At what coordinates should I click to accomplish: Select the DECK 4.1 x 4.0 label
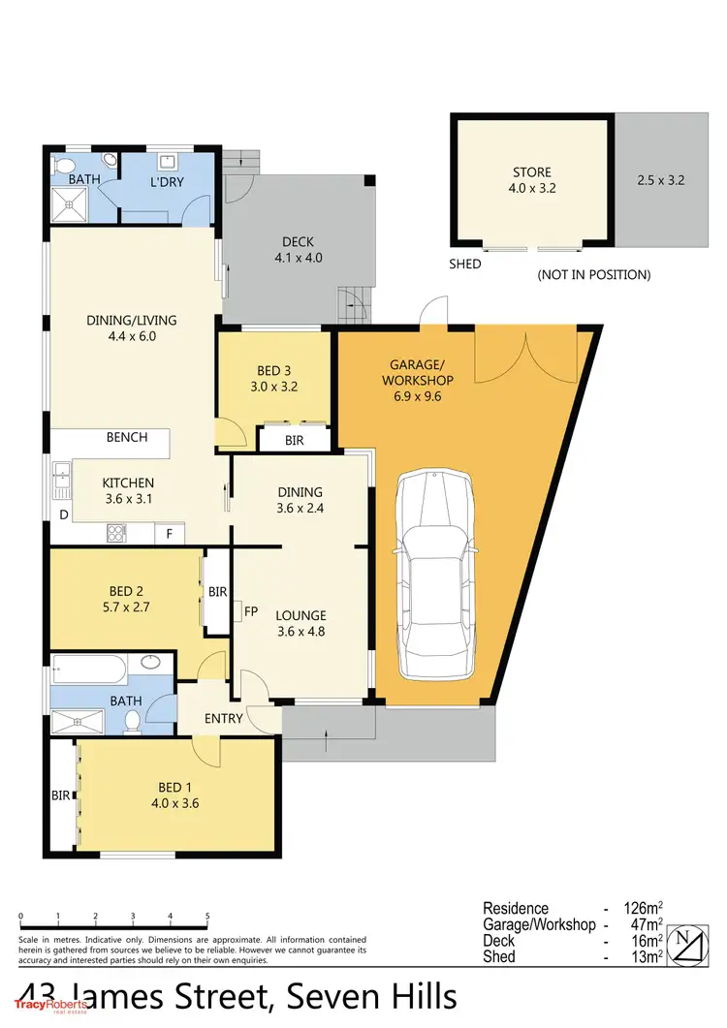[x=298, y=250]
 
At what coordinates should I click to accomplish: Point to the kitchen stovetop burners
[x=116, y=531]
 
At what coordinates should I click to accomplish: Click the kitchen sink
[x=62, y=475]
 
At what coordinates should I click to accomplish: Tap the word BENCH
[x=127, y=437]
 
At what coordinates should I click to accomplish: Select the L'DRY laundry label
[x=167, y=182]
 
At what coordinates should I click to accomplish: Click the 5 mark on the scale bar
[x=207, y=916]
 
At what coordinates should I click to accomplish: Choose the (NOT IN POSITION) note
[x=593, y=275]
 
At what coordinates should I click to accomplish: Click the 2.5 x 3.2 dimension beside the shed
[x=661, y=180]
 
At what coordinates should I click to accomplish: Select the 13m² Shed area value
[x=646, y=957]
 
